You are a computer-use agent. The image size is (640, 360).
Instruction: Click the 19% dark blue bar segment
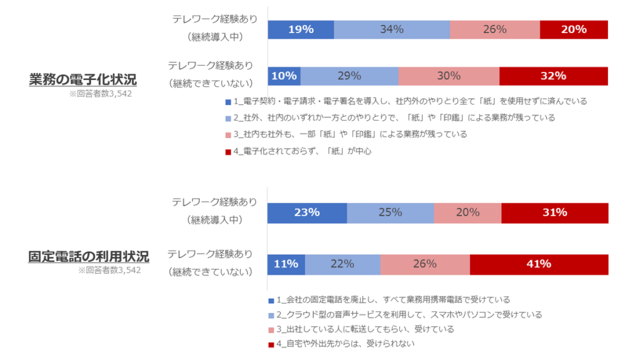click(301, 29)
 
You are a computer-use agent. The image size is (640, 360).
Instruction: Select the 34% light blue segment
click(392, 29)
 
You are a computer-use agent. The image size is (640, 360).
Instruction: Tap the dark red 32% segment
click(553, 76)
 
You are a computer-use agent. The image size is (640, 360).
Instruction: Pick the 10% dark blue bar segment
click(284, 76)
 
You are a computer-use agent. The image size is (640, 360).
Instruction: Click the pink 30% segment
click(449, 76)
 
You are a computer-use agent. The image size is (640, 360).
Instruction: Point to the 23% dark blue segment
click(307, 212)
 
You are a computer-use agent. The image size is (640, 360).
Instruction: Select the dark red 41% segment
click(539, 264)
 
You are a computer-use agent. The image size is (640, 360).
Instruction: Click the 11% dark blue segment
click(286, 264)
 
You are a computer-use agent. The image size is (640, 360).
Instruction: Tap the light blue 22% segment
click(342, 264)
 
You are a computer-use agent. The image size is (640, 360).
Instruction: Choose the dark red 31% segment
click(554, 212)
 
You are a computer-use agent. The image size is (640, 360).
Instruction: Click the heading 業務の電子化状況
click(82, 79)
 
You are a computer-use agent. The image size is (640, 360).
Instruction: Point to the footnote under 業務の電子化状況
click(101, 94)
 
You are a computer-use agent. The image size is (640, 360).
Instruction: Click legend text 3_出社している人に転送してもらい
click(365, 329)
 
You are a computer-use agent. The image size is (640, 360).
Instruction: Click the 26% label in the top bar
click(494, 29)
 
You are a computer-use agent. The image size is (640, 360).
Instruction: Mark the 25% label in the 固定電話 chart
click(390, 212)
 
